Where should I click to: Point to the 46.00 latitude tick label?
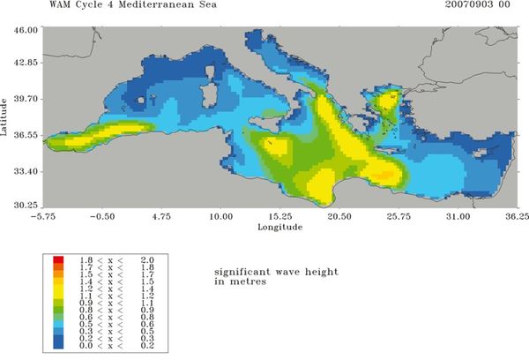24,29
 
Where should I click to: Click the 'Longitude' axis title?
279,227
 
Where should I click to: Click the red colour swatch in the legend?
57,259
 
